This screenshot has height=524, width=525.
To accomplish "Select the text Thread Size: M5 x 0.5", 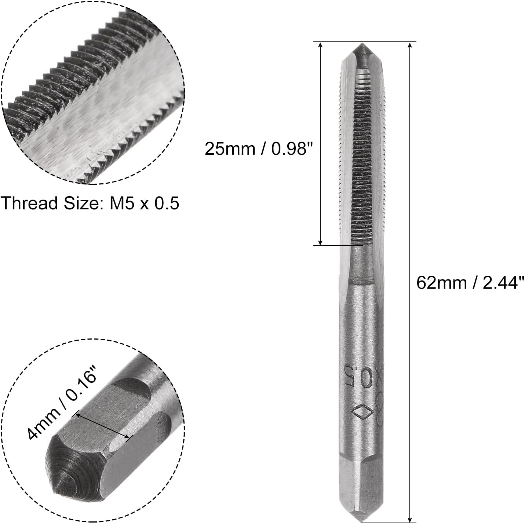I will point(90,203).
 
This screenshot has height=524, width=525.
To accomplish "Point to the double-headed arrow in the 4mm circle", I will point(102,426).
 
